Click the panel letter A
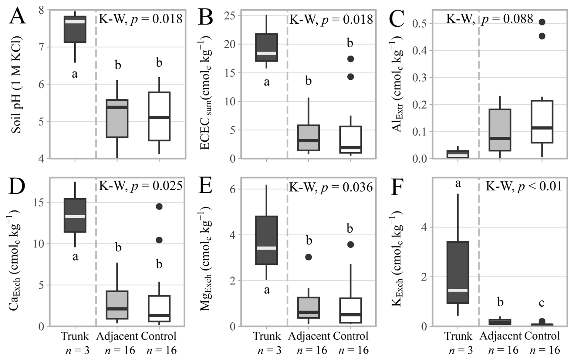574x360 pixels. [17, 17]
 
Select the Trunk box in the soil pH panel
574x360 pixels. [75, 29]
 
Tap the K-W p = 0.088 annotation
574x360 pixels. [489, 19]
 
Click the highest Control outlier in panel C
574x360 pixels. [542, 22]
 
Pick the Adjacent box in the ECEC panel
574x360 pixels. [309, 138]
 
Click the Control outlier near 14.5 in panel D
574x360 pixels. [159, 207]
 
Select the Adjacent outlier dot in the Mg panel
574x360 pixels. [309, 257]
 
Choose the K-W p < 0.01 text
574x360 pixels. [524, 186]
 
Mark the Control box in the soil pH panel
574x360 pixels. [159, 116]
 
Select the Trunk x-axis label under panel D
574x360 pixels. [75, 336]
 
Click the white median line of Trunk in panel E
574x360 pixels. [266, 248]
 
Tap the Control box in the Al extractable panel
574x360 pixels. [542, 121]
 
